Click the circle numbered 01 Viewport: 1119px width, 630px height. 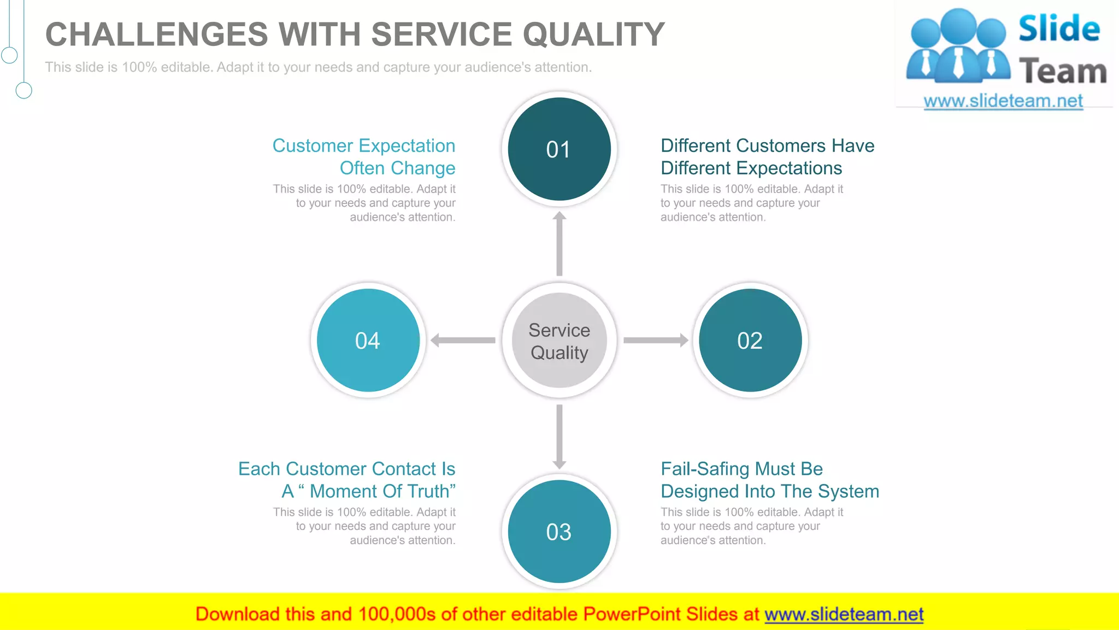pos(559,149)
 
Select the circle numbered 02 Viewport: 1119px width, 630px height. pos(750,340)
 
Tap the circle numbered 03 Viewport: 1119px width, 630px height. pos(559,532)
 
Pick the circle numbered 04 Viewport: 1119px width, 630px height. pos(368,340)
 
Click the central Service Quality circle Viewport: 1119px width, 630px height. pos(559,340)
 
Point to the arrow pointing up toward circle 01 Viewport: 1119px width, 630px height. pos(559,244)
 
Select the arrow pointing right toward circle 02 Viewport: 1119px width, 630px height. pos(655,340)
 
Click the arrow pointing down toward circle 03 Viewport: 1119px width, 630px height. pos(559,436)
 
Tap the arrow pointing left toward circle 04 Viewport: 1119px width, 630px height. pos(463,340)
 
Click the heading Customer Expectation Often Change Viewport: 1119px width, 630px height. pos(364,156)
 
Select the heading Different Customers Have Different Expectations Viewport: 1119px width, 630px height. pos(767,156)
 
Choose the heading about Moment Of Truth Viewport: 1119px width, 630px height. pos(348,480)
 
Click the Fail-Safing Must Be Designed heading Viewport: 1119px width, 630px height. pos(769,480)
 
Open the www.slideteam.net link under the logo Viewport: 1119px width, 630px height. pos(1003,101)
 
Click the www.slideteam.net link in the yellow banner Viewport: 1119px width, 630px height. pos(844,614)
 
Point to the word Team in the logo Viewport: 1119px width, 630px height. pos(1062,72)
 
